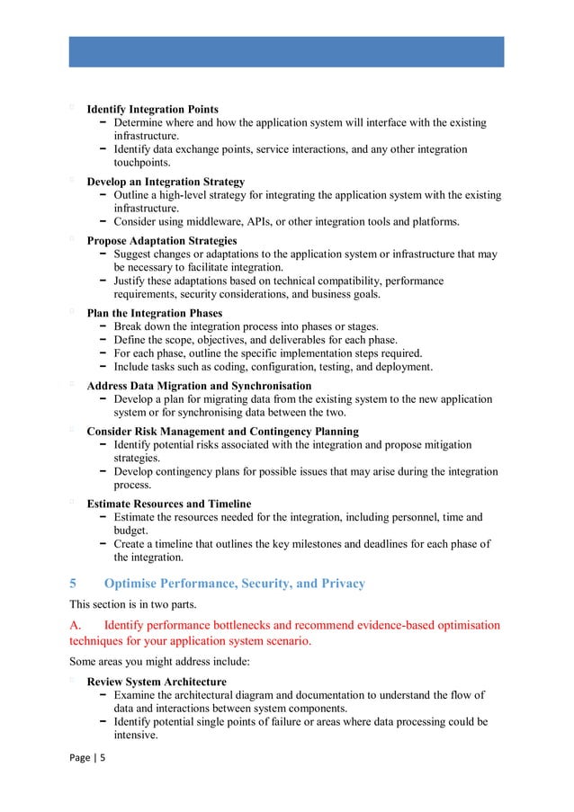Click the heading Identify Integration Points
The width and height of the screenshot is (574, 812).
[152, 110]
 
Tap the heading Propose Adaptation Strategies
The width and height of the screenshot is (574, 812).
[162, 241]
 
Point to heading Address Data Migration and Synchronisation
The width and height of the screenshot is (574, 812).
[199, 386]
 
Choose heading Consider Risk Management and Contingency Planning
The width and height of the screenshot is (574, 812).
[222, 432]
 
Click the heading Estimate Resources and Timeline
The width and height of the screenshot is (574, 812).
[169, 504]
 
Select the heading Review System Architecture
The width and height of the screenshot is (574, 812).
[157, 682]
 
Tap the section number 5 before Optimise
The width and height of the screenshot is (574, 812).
[74, 584]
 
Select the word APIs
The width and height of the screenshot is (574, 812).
[283, 221]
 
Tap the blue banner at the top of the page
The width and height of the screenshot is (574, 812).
[286, 51]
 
